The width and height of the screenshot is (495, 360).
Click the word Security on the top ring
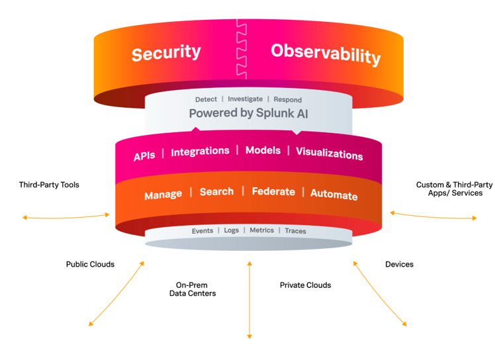[165, 53]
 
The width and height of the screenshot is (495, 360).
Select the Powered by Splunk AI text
[248, 113]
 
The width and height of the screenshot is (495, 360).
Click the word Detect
[206, 99]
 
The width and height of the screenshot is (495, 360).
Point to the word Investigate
[245, 99]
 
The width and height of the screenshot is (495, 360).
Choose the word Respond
[287, 99]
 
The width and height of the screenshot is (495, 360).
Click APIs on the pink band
[144, 156]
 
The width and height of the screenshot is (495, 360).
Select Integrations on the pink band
[200, 152]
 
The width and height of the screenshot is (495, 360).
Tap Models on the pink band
[263, 150]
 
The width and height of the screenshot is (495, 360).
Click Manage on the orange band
[163, 195]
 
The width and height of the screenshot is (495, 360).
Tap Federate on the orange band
[273, 191]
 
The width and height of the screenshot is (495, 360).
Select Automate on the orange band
[334, 195]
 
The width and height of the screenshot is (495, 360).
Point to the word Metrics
[262, 230]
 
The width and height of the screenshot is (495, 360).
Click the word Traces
[295, 231]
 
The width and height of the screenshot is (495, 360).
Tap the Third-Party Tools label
[49, 185]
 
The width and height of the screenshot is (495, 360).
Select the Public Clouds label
[90, 264]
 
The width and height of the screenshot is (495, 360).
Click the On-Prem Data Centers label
[192, 289]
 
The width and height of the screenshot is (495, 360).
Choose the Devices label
[399, 264]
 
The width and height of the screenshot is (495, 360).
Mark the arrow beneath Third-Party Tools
[66, 216]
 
